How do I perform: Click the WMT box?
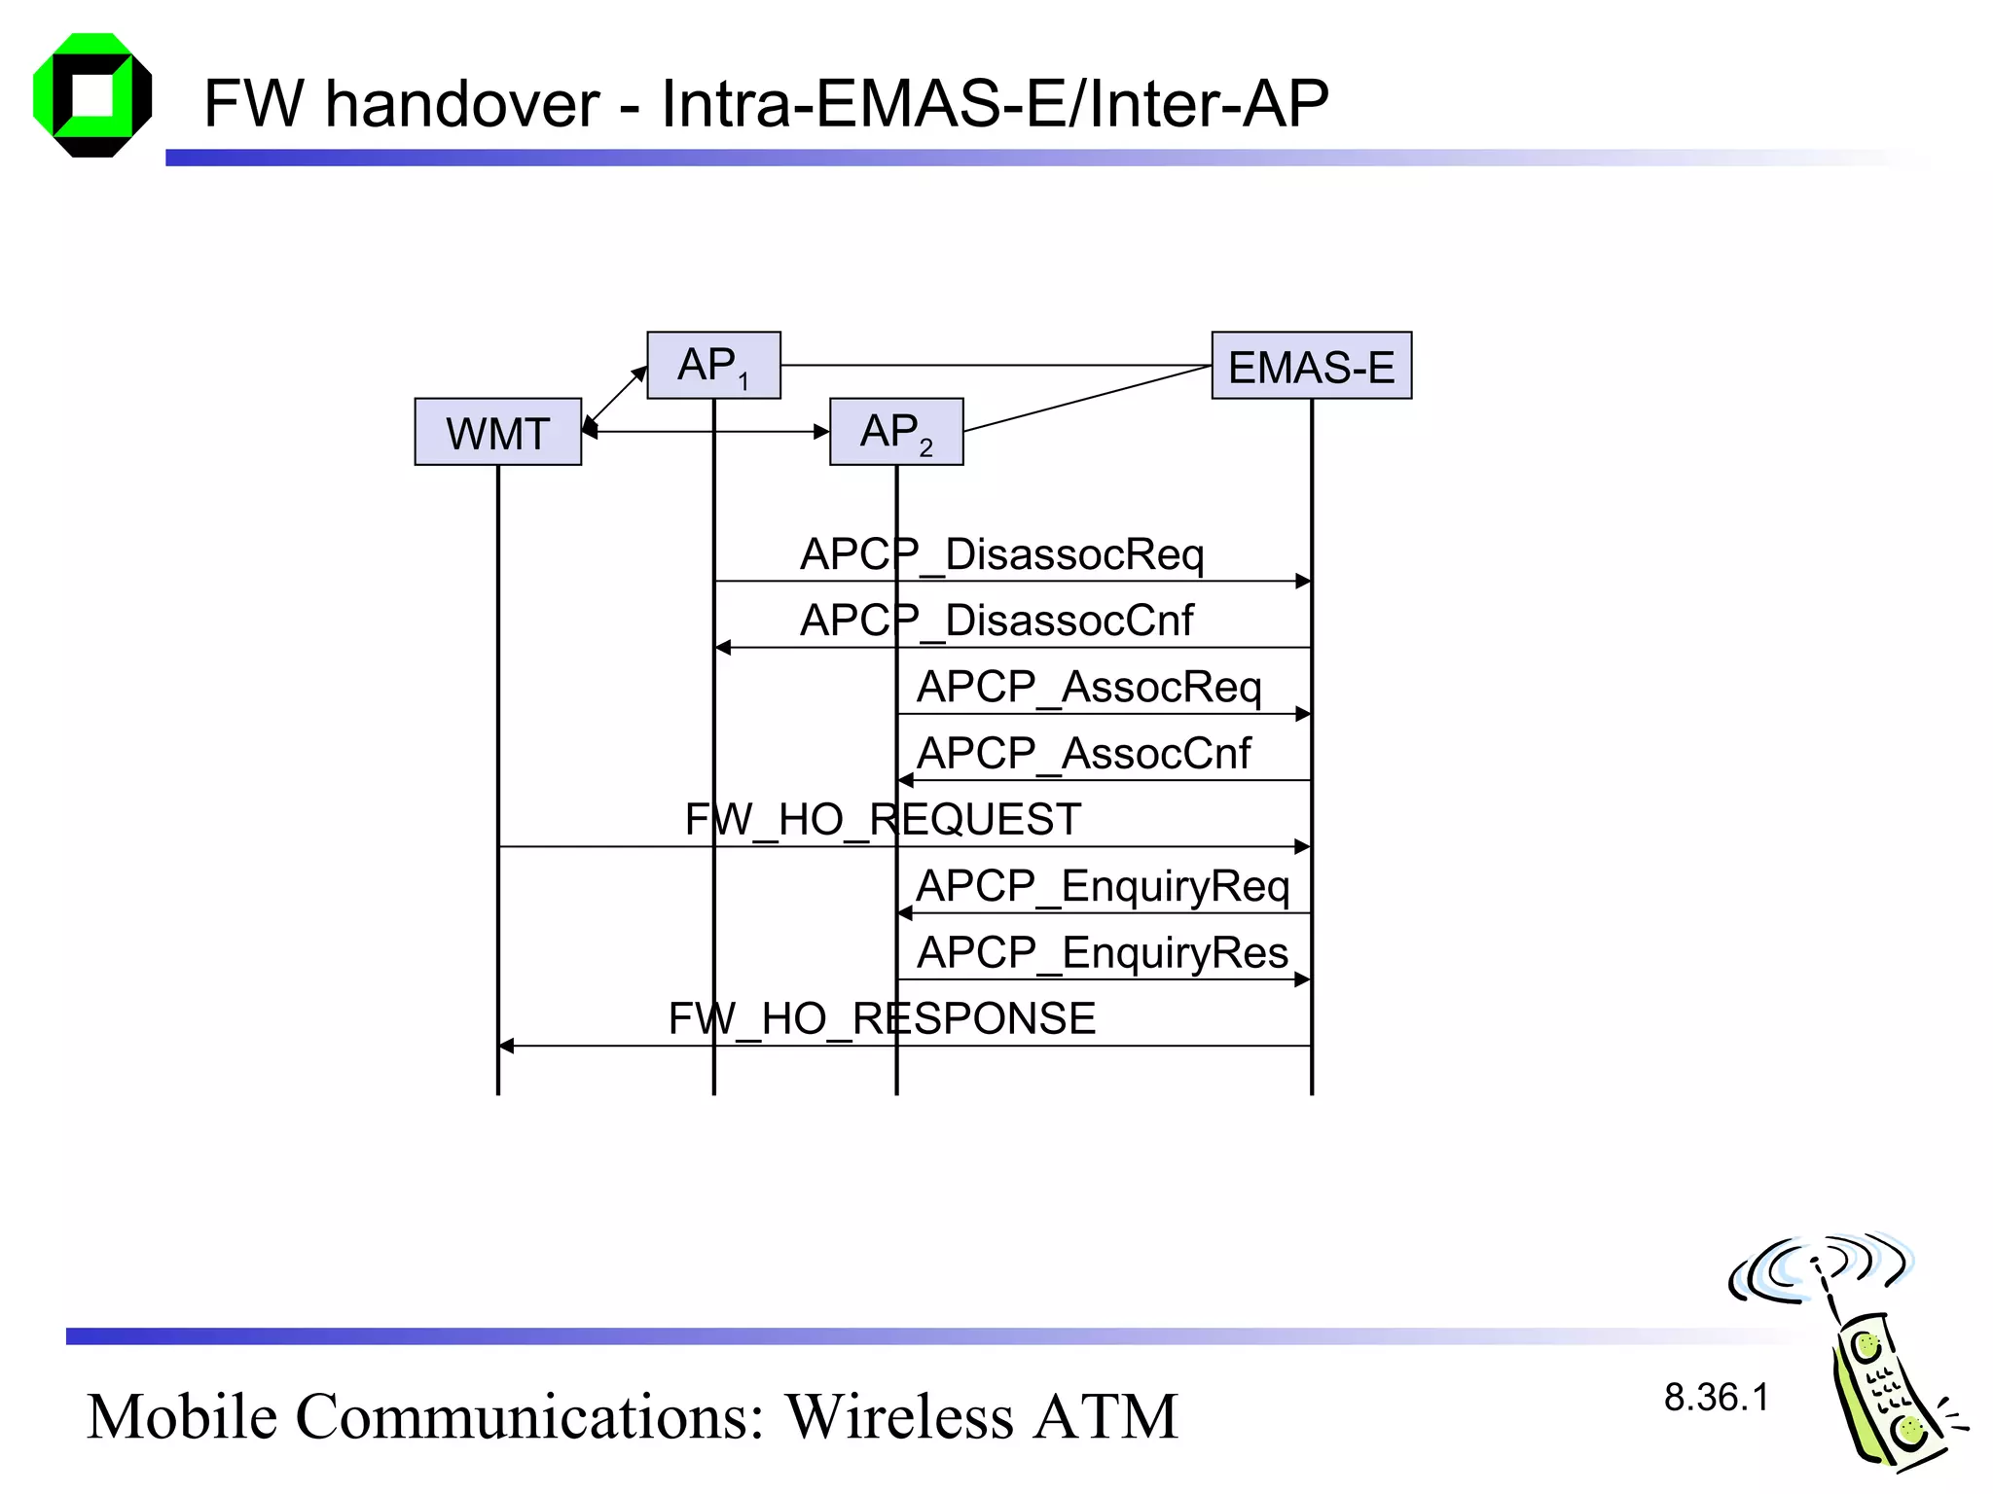tap(497, 432)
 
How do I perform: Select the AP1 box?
tap(713, 366)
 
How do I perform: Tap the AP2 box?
tap(896, 432)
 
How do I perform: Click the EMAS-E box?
tap(1311, 367)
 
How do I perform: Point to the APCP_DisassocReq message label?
tap(1001, 554)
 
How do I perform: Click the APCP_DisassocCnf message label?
tap(996, 621)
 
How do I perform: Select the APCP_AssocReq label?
tap(1088, 687)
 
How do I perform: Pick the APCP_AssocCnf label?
tap(1083, 754)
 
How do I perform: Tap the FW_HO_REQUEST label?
tap(883, 820)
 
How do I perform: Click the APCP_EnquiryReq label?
tap(1102, 886)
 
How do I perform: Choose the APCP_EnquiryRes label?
tap(1102, 952)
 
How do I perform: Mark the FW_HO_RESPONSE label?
tap(882, 1019)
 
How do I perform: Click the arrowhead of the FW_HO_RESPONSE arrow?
tap(506, 1046)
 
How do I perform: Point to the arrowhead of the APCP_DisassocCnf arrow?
tap(722, 648)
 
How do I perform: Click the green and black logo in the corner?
tap(92, 95)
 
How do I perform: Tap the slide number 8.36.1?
tap(1716, 1398)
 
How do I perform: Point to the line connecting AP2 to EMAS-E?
tap(1087, 399)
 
